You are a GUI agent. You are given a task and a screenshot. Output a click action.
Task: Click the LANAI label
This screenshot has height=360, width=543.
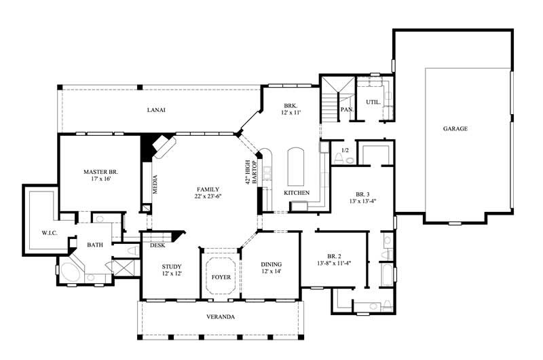coord(156,109)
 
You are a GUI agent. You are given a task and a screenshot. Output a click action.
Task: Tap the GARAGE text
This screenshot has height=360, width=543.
coord(455,128)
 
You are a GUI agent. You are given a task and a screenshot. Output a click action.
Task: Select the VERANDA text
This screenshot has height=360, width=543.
coord(221,317)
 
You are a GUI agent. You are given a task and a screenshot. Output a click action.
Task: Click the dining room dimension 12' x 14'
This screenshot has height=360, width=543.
coord(271,272)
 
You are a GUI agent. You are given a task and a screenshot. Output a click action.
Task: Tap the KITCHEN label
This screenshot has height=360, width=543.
coord(297,193)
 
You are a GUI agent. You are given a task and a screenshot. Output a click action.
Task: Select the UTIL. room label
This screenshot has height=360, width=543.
coord(373,102)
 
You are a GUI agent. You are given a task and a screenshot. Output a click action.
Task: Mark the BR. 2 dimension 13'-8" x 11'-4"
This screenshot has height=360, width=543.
coord(334,263)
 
